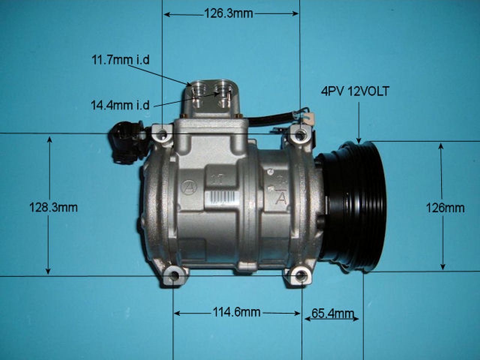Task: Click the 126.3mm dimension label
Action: (228, 14)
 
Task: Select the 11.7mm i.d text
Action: (120, 60)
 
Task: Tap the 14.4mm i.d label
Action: (120, 105)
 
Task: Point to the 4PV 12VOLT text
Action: (355, 91)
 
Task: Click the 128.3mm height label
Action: (53, 207)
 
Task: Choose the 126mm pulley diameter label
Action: (445, 207)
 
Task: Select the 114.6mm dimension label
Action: (236, 312)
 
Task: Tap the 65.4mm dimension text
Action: (333, 313)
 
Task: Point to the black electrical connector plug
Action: (126, 142)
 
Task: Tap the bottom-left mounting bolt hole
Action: (174, 277)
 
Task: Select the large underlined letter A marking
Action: (280, 198)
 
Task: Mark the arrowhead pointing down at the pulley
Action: (359, 140)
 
